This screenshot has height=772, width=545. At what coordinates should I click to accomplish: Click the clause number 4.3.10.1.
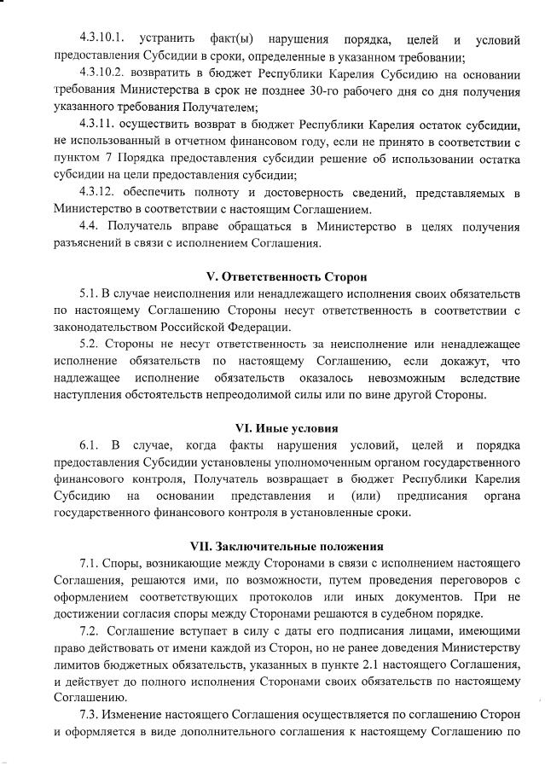click(102, 41)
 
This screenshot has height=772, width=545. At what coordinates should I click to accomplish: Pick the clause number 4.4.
click(90, 226)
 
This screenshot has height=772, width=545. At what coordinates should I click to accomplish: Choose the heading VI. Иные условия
click(287, 428)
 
